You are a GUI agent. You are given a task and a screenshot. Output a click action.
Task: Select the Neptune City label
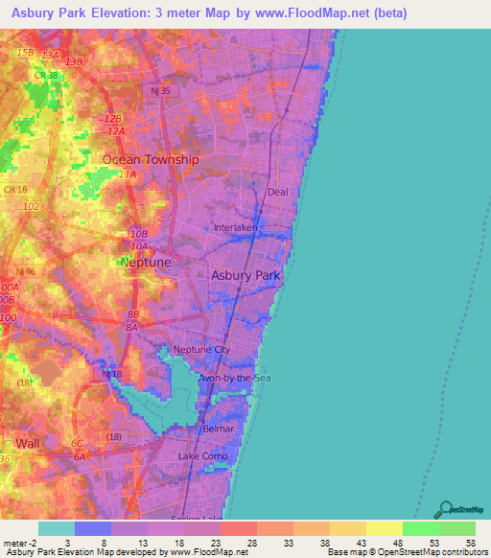click(201, 350)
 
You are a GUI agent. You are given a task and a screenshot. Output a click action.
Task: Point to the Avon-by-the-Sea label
click(235, 379)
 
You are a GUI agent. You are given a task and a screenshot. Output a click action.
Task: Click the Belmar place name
click(219, 430)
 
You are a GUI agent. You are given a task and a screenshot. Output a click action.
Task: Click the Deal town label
click(278, 192)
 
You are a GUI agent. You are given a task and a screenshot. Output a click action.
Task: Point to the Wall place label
click(29, 443)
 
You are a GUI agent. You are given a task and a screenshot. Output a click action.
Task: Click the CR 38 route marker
click(46, 75)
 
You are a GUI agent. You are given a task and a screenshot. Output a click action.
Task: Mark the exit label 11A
click(127, 175)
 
